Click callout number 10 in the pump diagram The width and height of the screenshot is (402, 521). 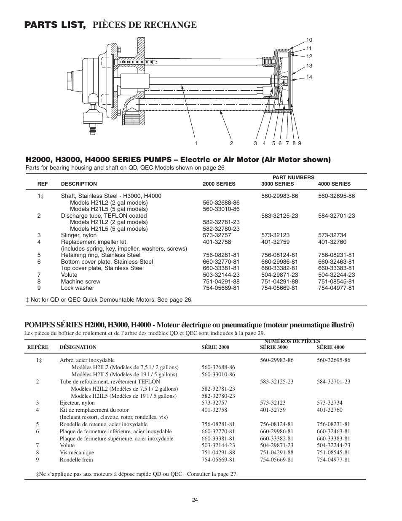pos(309,40)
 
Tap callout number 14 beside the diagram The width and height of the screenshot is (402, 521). pos(309,77)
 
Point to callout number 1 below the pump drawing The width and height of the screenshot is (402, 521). pos(196,143)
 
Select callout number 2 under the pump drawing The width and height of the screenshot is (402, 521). pos(231,143)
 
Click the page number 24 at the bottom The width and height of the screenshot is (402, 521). pos(195,500)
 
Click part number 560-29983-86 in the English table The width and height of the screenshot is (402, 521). pos(279,196)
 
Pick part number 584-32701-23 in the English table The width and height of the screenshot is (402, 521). pos(336,216)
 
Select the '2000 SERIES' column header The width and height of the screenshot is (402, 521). pos(219,184)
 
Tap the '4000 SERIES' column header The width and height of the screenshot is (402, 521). pos(334,184)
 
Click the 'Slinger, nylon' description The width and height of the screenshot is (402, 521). pos(79,235)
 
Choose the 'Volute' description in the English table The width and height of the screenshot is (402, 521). pos(69,275)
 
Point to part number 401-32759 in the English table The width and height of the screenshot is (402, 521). pos(275,242)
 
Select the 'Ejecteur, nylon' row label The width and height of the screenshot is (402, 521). pos(77,403)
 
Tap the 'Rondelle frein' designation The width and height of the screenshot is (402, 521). pos(76,460)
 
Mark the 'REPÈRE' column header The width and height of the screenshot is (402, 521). pos(38,347)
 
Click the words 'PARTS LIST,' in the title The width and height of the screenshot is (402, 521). pos(55,25)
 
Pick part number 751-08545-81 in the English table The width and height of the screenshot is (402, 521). pos(336,281)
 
